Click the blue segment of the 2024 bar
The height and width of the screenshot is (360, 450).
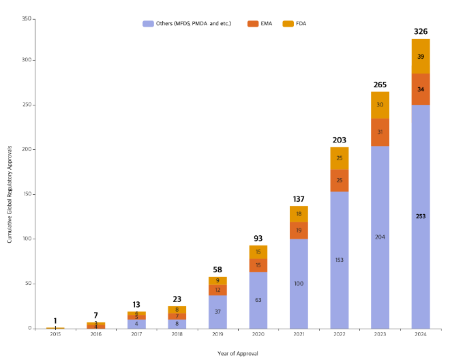420,216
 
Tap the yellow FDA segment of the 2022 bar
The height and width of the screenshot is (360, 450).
340,158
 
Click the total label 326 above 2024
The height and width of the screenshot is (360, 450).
420,31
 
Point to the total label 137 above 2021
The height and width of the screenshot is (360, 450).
299,199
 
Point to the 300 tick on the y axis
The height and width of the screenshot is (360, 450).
27,60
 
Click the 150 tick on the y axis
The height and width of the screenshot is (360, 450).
27,194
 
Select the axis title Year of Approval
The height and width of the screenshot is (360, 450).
237,353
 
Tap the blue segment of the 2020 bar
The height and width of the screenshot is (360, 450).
258,300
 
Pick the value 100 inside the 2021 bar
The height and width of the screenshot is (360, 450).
299,283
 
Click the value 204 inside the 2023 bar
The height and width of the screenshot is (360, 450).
380,237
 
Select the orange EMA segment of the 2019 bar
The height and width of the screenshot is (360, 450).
217,290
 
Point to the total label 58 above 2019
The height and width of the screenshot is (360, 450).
217,270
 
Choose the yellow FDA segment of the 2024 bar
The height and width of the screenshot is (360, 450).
420,56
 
